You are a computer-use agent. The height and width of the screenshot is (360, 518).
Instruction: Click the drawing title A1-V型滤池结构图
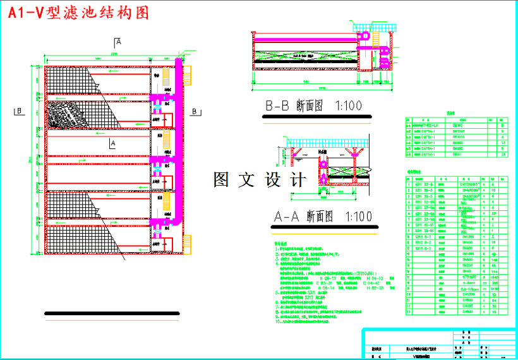click(78, 12)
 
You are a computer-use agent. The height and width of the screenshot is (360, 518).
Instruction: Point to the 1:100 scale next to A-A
click(358, 217)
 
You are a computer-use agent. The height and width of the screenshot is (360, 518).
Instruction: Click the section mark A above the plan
click(117, 42)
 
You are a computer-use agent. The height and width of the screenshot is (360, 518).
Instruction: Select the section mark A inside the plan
click(112, 144)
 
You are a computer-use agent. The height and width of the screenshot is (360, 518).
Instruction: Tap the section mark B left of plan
click(20, 111)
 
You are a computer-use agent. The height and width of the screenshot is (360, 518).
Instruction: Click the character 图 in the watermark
click(221, 180)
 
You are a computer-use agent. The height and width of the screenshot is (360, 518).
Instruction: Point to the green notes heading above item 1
click(280, 242)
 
